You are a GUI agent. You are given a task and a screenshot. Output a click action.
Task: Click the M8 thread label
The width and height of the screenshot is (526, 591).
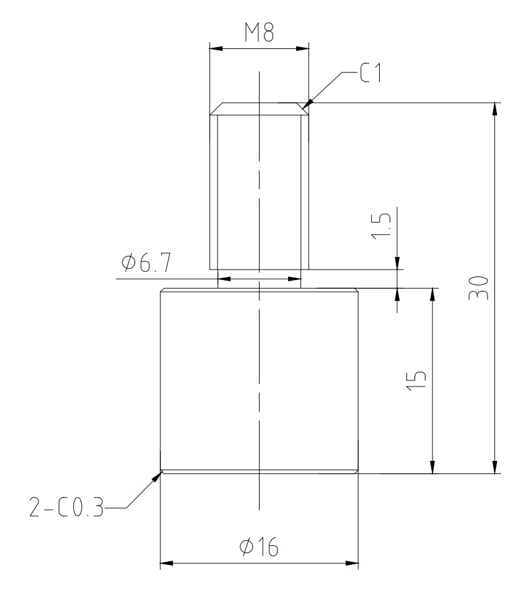pyautogui.click(x=259, y=32)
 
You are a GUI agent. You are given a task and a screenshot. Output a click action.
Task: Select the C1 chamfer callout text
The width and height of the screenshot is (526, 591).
pyautogui.click(x=371, y=72)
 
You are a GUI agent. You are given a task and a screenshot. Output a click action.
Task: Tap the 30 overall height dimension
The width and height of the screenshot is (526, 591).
pyautogui.click(x=478, y=287)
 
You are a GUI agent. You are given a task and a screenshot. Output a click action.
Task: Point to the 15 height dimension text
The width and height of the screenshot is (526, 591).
pyautogui.click(x=416, y=380)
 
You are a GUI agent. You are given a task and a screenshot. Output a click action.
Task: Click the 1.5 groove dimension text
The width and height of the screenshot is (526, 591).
pyautogui.click(x=381, y=226)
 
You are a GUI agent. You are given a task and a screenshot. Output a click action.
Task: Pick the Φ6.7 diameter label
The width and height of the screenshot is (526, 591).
pyautogui.click(x=146, y=262)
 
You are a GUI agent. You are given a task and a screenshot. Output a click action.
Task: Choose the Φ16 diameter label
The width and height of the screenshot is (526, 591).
pyautogui.click(x=259, y=546)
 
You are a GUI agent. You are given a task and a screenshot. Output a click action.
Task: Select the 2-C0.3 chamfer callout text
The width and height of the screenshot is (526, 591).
pyautogui.click(x=66, y=508)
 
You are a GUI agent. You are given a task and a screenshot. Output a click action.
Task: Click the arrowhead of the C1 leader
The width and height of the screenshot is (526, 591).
pyautogui.click(x=307, y=103)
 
